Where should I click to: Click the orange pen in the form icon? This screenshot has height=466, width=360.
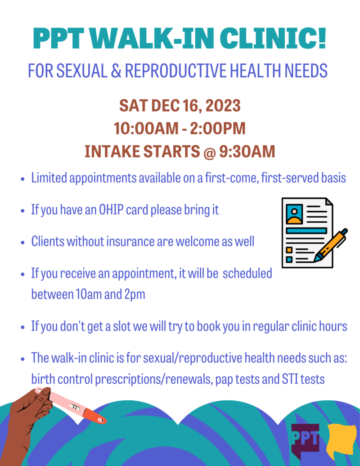[x=331, y=245]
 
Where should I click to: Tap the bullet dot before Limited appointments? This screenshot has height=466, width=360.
[x=22, y=179]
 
